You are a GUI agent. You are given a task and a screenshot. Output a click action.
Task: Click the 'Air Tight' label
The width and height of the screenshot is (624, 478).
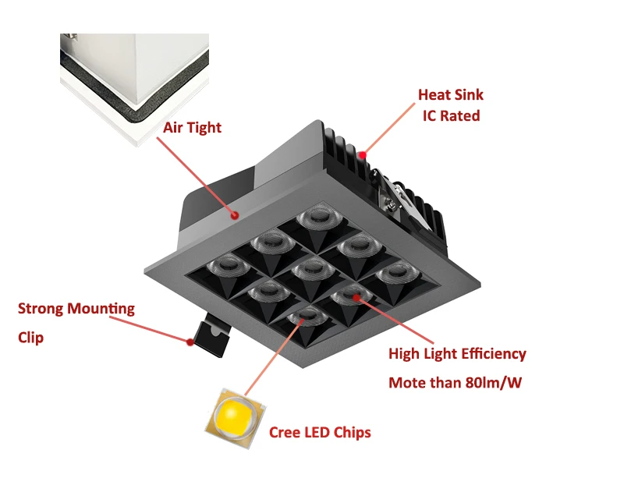[x=193, y=127]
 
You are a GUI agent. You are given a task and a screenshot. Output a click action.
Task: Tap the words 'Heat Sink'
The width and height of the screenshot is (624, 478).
[x=451, y=95]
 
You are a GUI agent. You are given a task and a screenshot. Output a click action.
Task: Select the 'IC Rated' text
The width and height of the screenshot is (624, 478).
[x=451, y=116]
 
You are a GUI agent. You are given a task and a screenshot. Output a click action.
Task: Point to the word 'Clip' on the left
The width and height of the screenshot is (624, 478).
[x=31, y=338]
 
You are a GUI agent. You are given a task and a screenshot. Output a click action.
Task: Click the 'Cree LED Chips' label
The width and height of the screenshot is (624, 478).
[x=320, y=432]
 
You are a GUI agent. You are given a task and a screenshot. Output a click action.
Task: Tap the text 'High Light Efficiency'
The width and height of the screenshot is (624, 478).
[x=457, y=354]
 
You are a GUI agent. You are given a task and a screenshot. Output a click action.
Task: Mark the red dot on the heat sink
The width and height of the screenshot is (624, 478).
[x=363, y=155]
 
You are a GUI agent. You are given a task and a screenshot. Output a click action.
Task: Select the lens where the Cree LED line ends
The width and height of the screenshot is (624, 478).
[x=306, y=316]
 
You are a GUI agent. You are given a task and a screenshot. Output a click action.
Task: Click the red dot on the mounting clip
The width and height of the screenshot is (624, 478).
[x=190, y=341]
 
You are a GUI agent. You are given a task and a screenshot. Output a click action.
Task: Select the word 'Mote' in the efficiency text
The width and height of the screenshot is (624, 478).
[x=408, y=383]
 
